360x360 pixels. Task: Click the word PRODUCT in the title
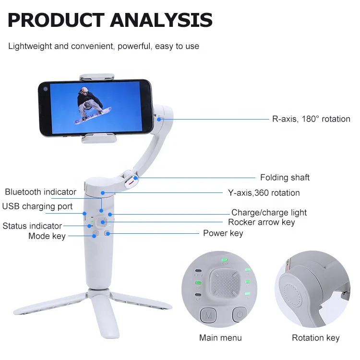56,20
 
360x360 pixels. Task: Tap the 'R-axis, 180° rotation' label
311,119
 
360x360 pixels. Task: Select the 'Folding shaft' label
285,178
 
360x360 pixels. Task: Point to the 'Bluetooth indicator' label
41,192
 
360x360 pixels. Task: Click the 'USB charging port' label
37,206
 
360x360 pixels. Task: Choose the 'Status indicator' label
32,226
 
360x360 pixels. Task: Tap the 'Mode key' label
47,236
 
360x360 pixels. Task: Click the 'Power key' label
223,233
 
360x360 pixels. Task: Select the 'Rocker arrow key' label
262,222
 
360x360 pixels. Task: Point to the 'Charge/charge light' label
269,213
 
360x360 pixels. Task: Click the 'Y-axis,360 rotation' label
264,193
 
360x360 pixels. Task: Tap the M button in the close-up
208,315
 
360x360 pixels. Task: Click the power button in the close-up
240,314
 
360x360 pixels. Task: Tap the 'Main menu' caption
220,338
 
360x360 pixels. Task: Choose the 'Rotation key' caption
316,338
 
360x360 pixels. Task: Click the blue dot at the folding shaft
136,178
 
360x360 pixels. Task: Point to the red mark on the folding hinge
131,183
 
